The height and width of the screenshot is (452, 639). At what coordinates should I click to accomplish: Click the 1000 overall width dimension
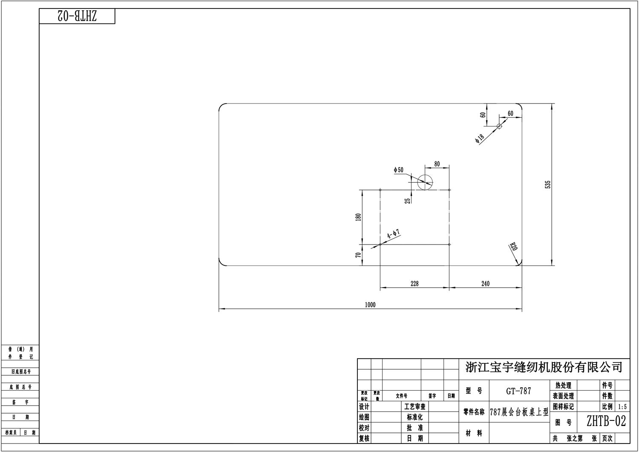[x=370, y=305]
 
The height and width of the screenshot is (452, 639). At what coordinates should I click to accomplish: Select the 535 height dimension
[x=548, y=184]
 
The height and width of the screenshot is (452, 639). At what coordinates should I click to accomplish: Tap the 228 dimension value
[x=414, y=284]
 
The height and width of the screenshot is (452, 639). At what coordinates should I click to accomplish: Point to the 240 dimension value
[x=485, y=284]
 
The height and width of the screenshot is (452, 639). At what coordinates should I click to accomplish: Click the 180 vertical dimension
[x=358, y=217]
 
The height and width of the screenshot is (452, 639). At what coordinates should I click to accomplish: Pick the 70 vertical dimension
[x=358, y=255]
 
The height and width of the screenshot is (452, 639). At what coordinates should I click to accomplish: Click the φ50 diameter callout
[x=399, y=170]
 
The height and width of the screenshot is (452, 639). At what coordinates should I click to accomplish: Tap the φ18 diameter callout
[x=480, y=138]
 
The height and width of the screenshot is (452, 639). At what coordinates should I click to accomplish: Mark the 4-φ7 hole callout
[x=393, y=234]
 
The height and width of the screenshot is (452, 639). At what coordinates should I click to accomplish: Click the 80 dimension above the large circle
[x=437, y=164]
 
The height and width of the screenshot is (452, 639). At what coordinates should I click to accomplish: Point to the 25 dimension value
[x=408, y=200]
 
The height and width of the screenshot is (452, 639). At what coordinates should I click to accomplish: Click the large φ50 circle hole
[x=425, y=182]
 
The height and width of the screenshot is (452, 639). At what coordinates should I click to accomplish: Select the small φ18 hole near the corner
[x=499, y=126]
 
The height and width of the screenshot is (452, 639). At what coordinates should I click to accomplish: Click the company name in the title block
[x=544, y=367]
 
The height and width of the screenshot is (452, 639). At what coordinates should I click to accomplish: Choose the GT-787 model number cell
[x=518, y=391]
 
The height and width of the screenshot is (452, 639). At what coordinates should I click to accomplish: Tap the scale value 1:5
[x=622, y=407]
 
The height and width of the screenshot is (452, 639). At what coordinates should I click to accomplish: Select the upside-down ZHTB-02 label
[x=77, y=16]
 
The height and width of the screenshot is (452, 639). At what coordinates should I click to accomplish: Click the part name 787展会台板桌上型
[x=519, y=412]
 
